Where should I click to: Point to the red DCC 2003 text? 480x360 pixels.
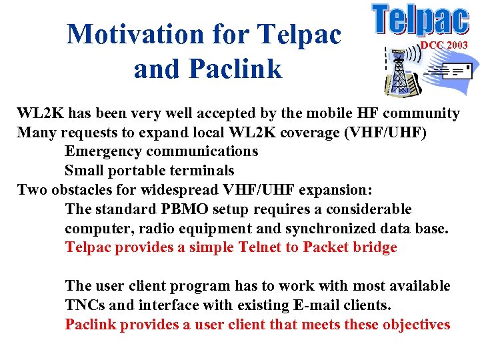pos(443,45)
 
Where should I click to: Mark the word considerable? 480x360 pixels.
pos(366,209)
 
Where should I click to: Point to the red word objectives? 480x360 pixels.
pos(414,325)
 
